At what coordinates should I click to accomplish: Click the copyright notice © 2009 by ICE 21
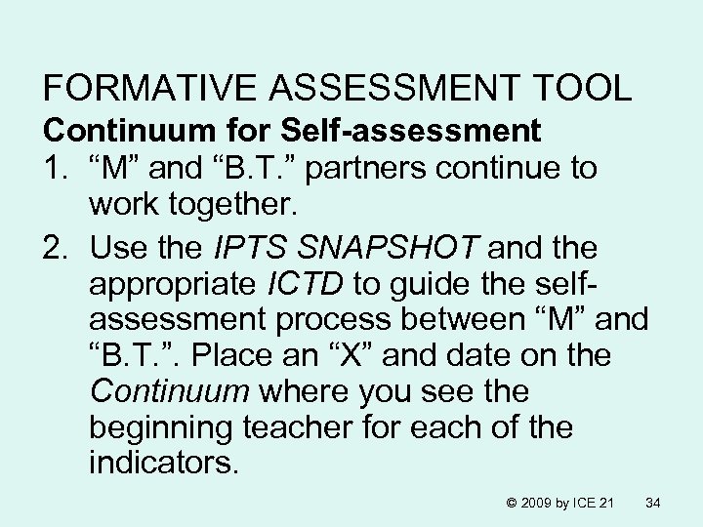pos(559,503)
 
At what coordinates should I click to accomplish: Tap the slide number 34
pos(654,503)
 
